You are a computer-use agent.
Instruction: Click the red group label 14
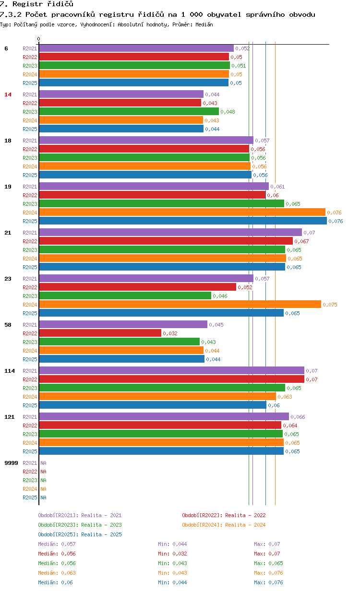(8, 95)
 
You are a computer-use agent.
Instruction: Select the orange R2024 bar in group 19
(182, 212)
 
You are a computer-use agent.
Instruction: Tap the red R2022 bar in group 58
(100, 333)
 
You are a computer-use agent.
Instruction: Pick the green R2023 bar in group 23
(125, 295)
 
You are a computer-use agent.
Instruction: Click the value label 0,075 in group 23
(330, 305)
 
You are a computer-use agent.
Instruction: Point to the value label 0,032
(170, 333)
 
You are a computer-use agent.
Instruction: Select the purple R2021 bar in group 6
(136, 48)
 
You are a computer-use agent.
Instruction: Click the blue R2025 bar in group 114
(153, 405)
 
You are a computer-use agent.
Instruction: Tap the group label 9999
(11, 463)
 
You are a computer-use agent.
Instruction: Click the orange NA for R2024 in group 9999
(43, 489)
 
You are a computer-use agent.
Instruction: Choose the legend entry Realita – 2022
(224, 515)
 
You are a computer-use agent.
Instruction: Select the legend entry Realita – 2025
(80, 534)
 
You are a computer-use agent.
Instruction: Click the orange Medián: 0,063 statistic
(57, 573)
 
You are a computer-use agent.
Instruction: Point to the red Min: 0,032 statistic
(172, 553)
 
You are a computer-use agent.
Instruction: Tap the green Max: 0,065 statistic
(268, 563)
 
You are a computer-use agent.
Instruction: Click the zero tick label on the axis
(38, 39)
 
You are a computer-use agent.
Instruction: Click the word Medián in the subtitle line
(204, 24)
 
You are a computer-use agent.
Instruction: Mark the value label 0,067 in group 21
(301, 241)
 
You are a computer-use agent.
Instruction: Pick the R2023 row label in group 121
(30, 434)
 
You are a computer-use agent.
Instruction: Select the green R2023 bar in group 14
(129, 111)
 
